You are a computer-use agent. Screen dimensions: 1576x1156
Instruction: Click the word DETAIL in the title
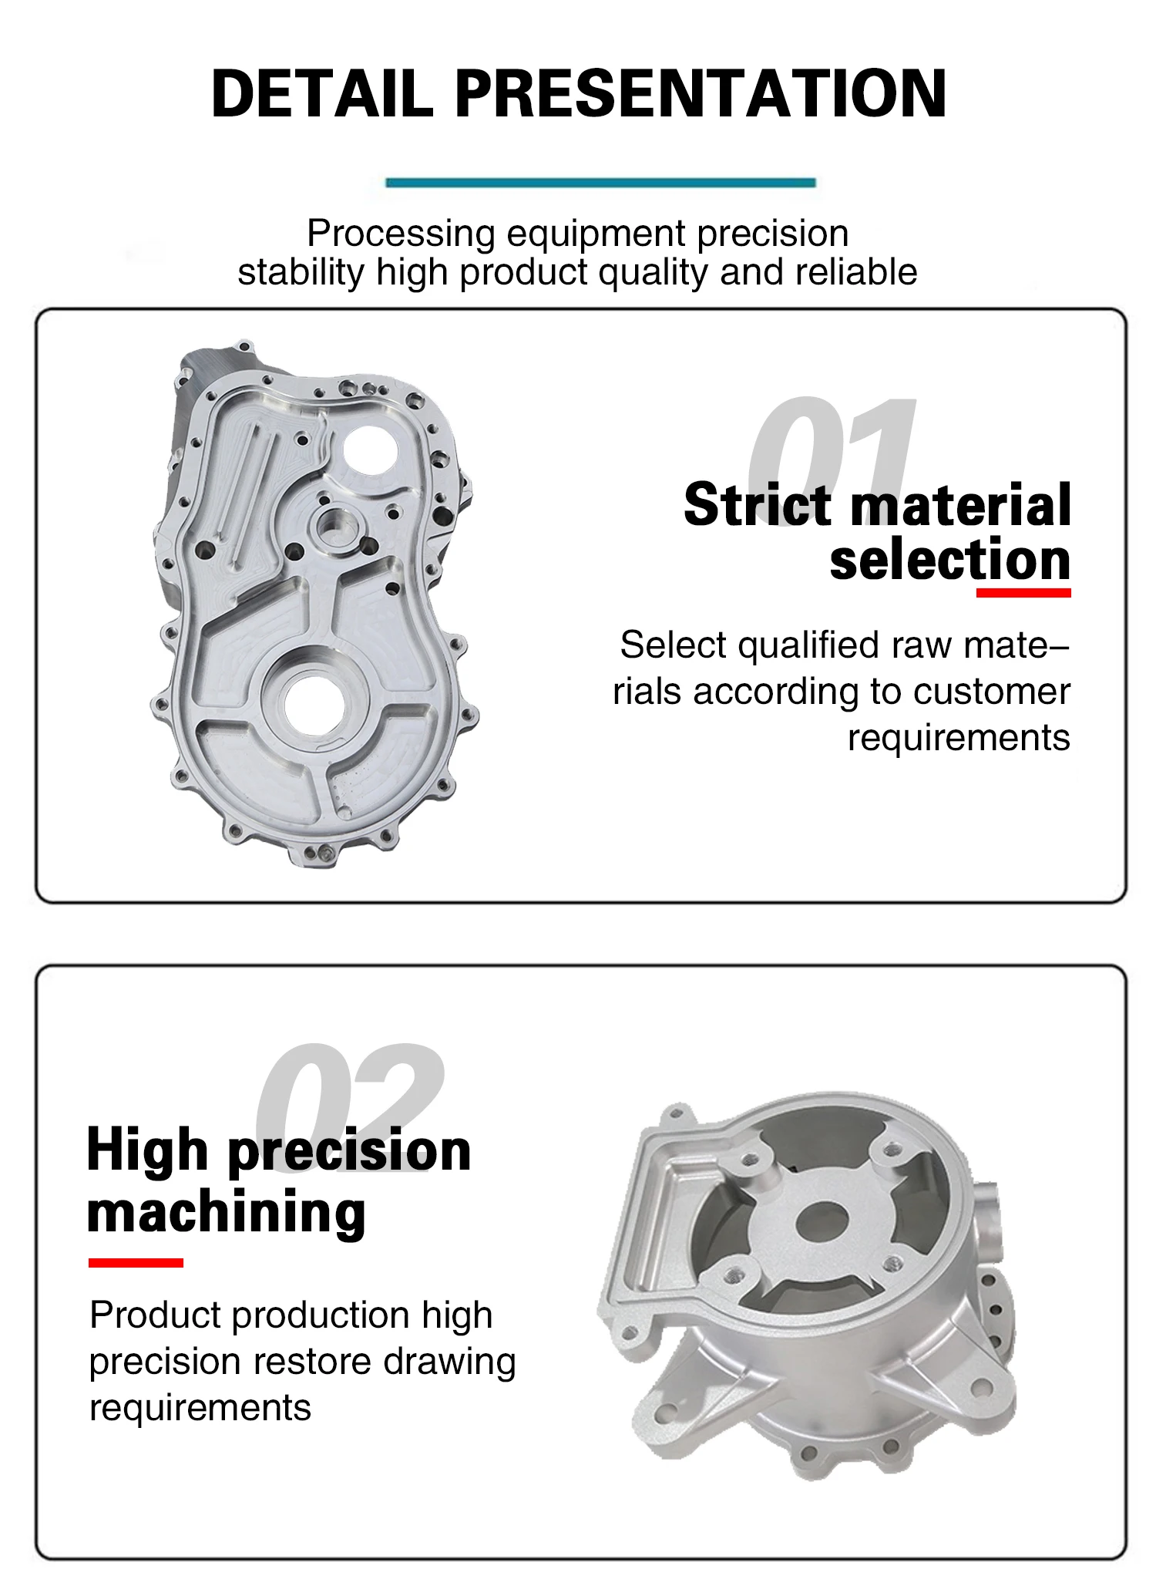click(321, 94)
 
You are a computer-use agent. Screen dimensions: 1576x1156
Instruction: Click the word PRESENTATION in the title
click(700, 94)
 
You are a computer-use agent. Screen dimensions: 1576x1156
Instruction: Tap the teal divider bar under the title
click(600, 183)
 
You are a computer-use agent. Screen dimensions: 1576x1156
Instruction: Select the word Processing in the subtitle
click(401, 233)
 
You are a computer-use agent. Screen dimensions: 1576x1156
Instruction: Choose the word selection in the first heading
click(949, 561)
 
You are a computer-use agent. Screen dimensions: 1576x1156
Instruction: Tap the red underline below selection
click(1023, 593)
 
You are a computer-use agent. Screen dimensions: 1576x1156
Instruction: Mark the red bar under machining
click(136, 1262)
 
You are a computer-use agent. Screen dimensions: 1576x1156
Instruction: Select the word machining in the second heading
click(226, 1212)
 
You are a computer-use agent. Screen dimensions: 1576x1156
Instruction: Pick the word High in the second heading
click(146, 1150)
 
